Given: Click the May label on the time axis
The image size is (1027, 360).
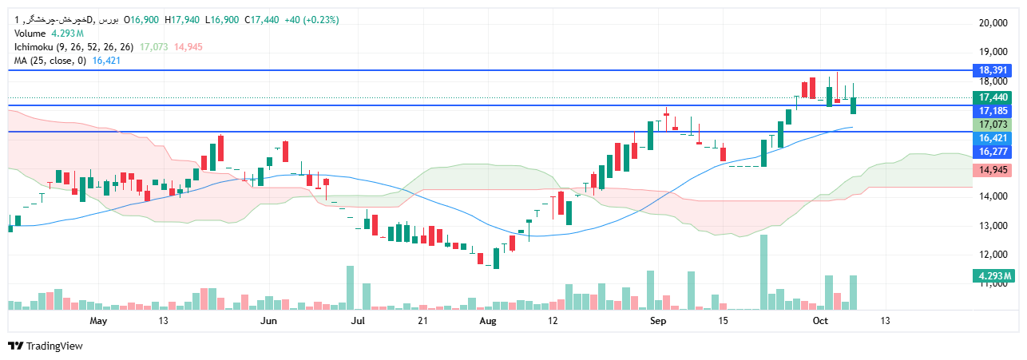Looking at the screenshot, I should click(98, 321).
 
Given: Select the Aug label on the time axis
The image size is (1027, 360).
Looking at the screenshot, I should click(487, 321).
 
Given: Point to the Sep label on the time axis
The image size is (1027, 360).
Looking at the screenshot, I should click(658, 321).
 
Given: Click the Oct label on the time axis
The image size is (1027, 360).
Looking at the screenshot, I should click(820, 321).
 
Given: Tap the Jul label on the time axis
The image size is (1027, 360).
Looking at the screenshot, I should click(357, 321).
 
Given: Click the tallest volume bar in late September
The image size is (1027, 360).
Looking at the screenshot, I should click(763, 271).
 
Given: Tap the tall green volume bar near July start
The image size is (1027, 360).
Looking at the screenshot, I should click(350, 287).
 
